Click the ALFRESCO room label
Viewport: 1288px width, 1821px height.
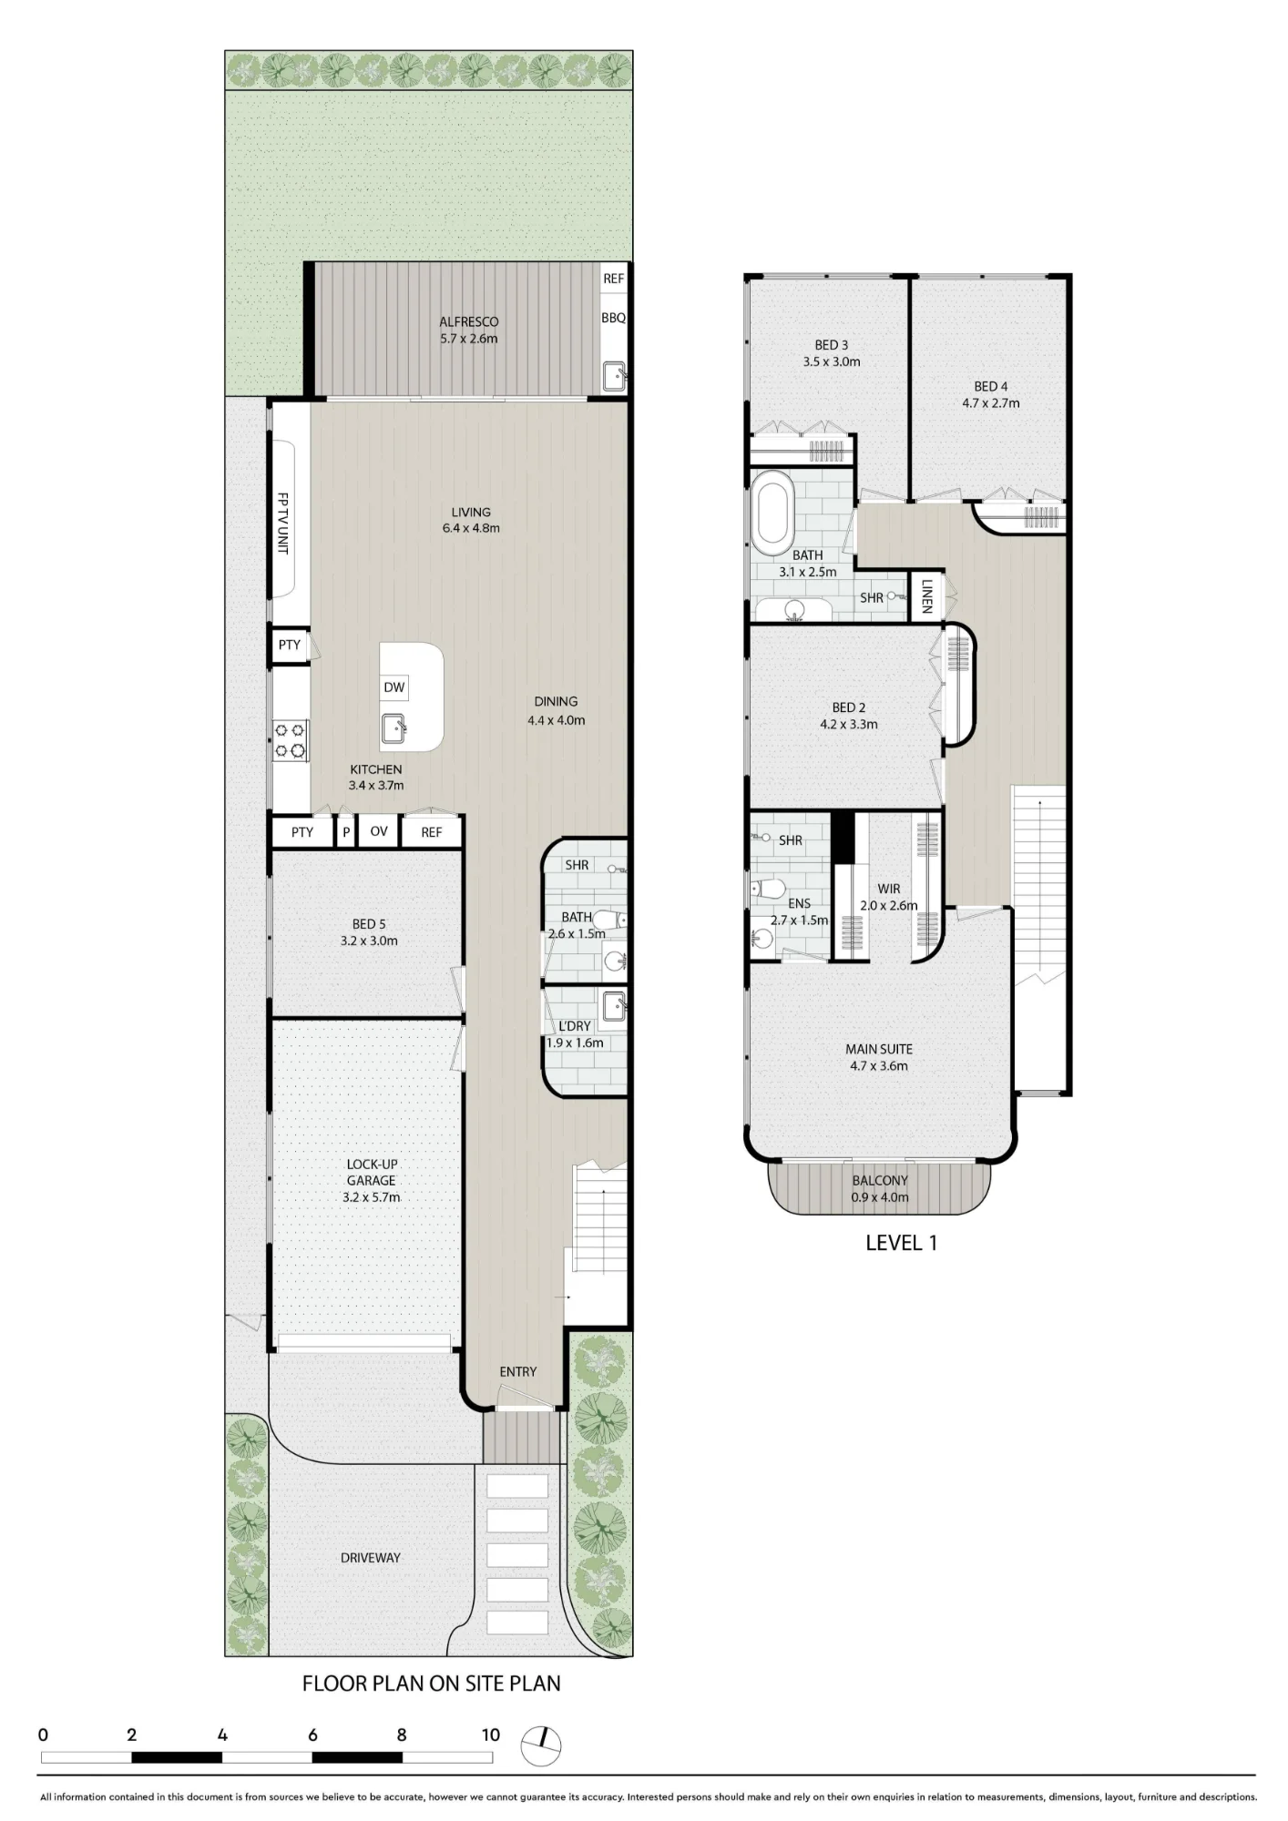point(468,321)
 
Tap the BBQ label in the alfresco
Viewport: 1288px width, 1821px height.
point(613,318)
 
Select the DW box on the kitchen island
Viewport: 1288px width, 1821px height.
point(394,687)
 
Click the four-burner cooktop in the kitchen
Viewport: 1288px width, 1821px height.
point(291,740)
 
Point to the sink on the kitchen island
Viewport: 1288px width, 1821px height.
point(394,728)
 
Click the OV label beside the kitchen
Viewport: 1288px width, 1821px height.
point(379,831)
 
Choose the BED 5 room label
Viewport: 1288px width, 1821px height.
point(368,924)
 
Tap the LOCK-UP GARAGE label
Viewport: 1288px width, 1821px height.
point(371,1173)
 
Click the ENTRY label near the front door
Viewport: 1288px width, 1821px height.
point(517,1372)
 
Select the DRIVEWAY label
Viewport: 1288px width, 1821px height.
point(370,1558)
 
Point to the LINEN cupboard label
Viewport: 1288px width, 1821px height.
point(926,596)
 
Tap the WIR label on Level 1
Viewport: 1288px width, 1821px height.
point(889,889)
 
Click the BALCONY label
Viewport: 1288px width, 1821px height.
point(879,1181)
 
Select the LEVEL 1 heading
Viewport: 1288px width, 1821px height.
point(901,1243)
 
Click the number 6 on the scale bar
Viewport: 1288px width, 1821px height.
point(312,1735)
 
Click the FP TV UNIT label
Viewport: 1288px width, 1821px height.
point(282,524)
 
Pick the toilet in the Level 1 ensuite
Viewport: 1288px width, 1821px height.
point(767,888)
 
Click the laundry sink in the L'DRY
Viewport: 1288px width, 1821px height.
point(614,1005)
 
